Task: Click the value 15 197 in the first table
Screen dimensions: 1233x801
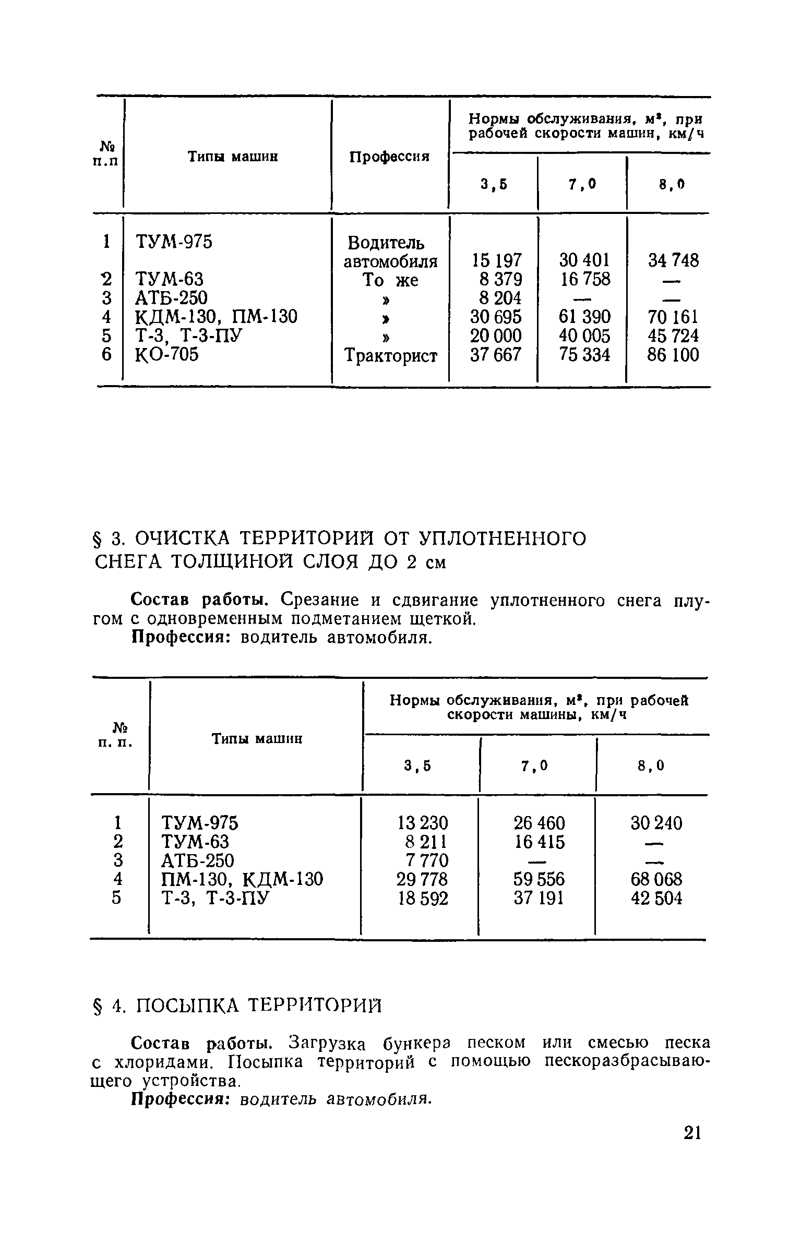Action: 496,260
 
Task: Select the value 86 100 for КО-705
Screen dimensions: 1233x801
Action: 672,355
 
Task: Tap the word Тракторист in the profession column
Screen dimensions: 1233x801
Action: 391,356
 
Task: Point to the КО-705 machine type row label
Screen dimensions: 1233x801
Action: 167,355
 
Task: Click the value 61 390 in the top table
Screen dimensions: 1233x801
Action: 584,317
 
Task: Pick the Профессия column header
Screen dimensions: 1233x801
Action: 389,156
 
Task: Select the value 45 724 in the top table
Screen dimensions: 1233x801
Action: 672,336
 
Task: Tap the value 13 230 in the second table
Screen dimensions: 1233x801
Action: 422,823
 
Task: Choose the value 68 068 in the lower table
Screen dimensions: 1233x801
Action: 656,880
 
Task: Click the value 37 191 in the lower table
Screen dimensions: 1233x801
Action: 539,899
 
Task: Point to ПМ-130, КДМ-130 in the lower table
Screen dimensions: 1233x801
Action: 242,880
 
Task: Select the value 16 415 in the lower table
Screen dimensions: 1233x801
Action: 539,842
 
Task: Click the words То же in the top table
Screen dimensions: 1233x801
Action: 390,280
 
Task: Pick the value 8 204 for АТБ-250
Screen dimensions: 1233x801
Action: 500,298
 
